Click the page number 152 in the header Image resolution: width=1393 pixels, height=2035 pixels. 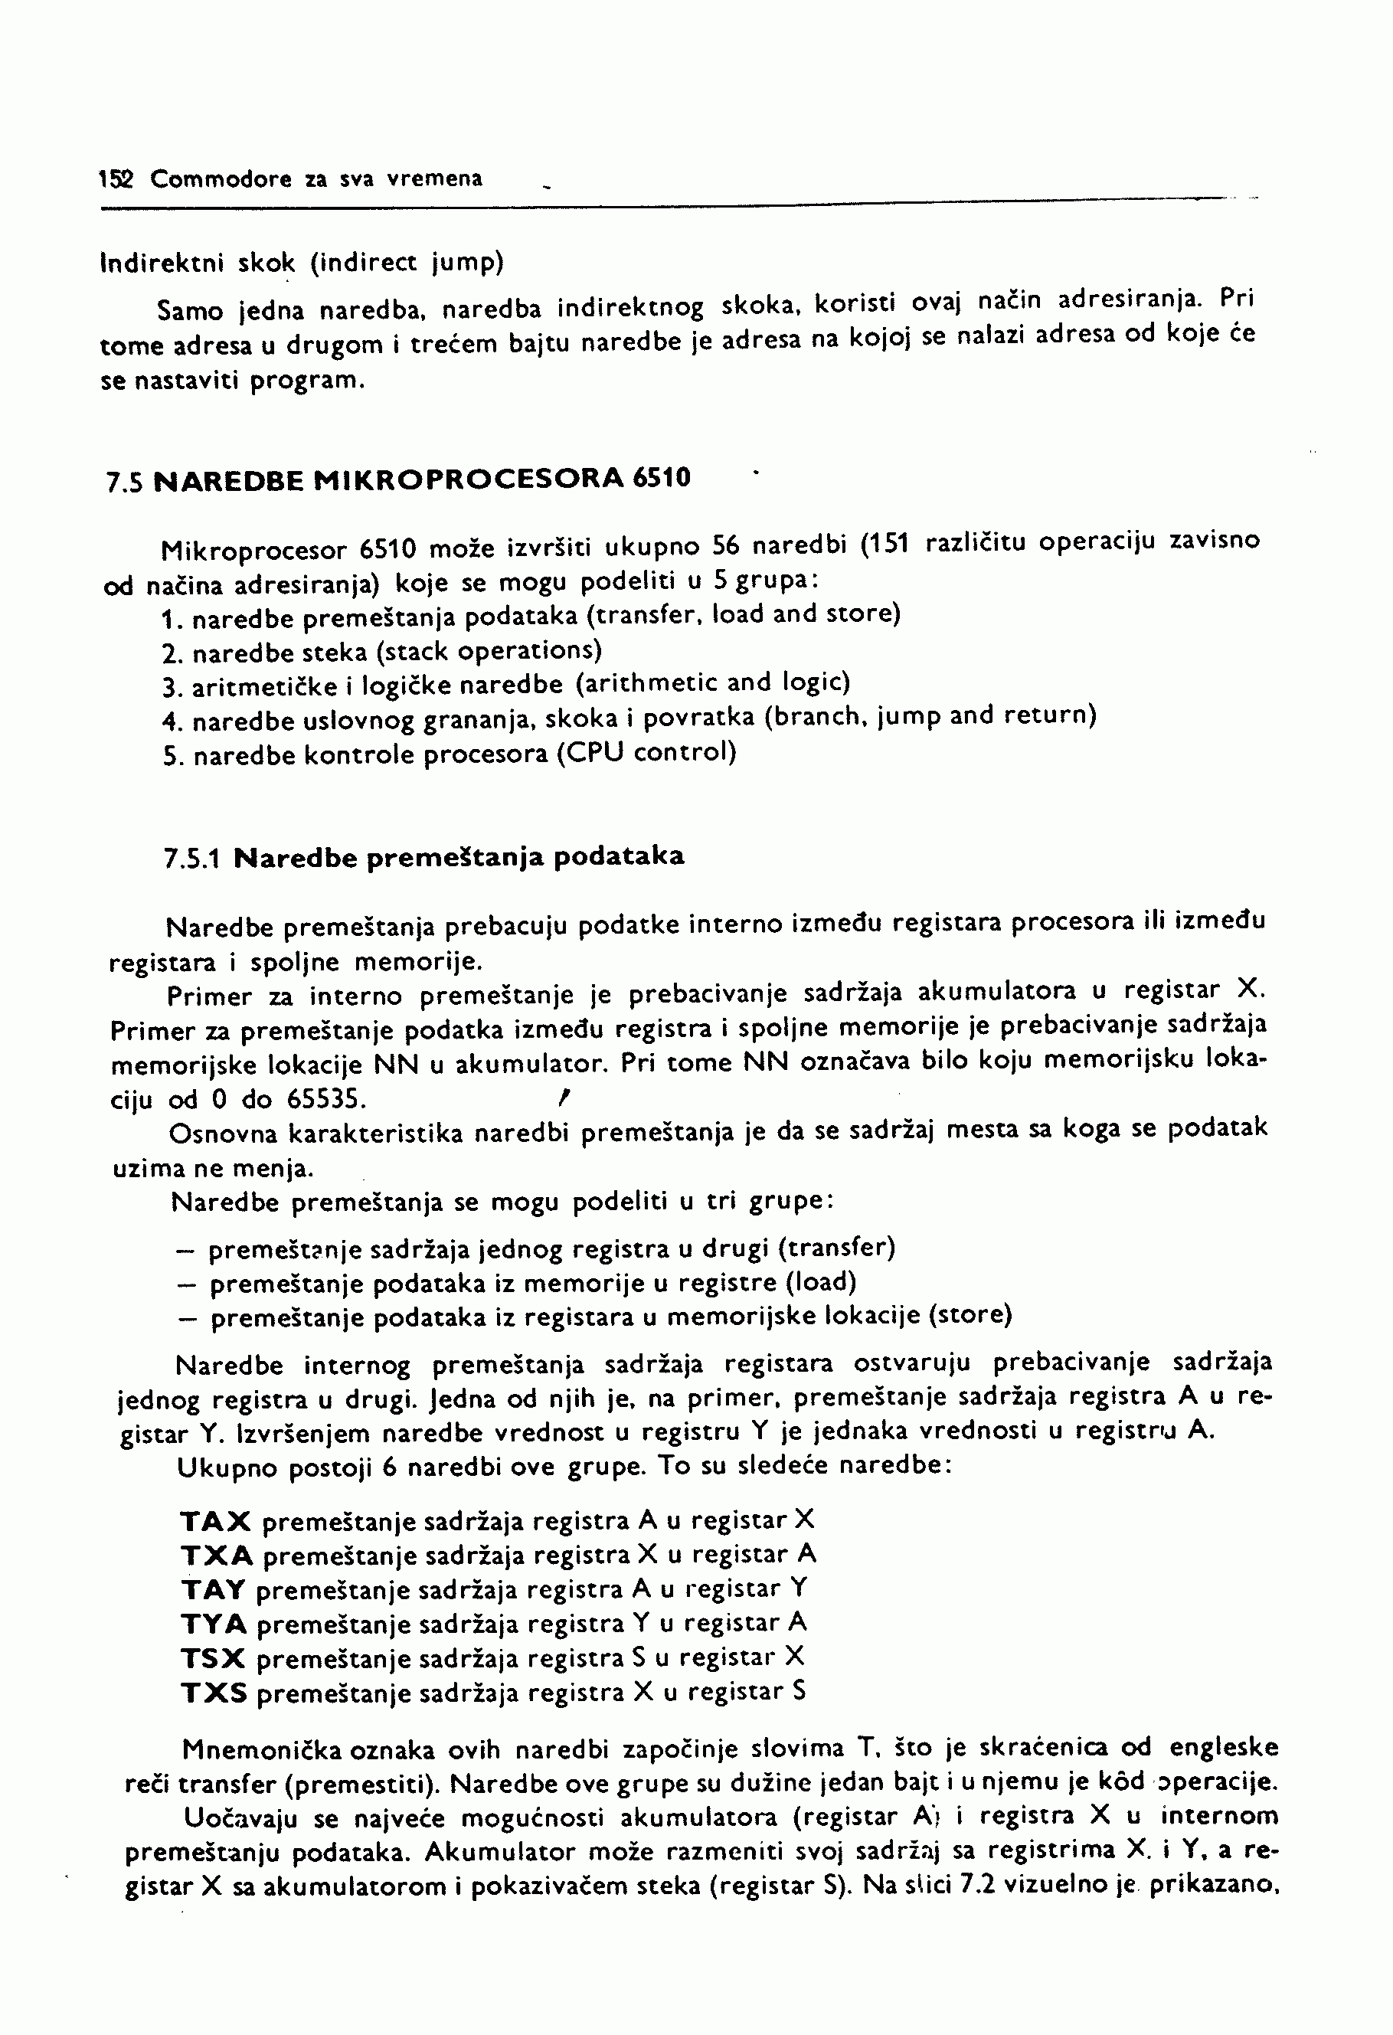[x=115, y=179]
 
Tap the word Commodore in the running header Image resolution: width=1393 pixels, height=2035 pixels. [x=221, y=179]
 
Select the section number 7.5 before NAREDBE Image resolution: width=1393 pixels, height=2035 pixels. [x=124, y=482]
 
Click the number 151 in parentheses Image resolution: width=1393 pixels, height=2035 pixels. [x=885, y=545]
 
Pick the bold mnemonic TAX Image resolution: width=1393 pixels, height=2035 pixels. [x=216, y=1520]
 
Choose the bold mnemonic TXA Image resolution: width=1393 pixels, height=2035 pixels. [x=217, y=1555]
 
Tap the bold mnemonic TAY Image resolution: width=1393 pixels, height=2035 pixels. [x=214, y=1589]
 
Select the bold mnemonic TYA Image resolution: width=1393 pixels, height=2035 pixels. [x=214, y=1624]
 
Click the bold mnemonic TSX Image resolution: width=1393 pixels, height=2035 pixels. [x=214, y=1658]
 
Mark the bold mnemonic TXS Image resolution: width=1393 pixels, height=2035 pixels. [x=214, y=1693]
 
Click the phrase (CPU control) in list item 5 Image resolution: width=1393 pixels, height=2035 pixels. [x=647, y=753]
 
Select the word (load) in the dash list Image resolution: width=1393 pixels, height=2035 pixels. [x=820, y=1282]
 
